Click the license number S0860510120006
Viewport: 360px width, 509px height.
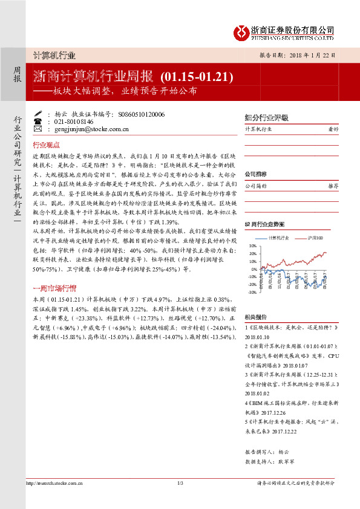tap(141, 113)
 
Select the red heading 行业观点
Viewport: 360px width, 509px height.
tap(46, 145)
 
